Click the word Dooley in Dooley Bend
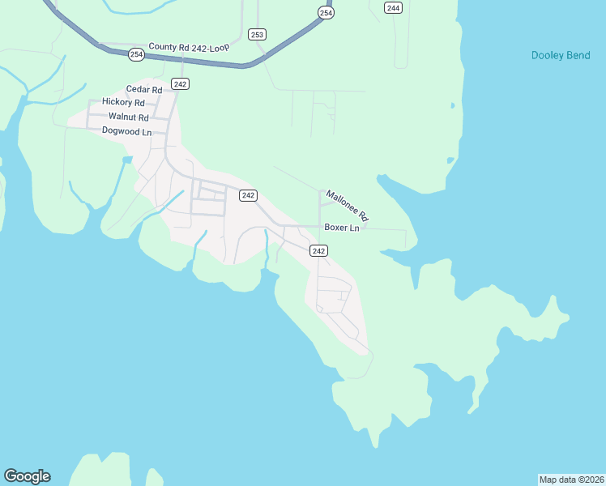[548, 55]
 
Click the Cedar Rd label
[144, 89]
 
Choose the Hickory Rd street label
[123, 102]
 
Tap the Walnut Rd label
[129, 117]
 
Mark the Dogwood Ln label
[126, 130]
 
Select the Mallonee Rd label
[348, 206]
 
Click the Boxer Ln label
[341, 228]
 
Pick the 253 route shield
[257, 34]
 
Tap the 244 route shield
[393, 8]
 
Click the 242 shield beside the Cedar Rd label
[180, 84]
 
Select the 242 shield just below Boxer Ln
[318, 251]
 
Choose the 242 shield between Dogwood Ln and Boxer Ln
[248, 195]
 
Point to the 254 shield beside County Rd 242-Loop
[135, 54]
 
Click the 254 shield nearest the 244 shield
[325, 13]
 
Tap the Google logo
[27, 476]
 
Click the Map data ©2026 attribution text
[571, 479]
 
